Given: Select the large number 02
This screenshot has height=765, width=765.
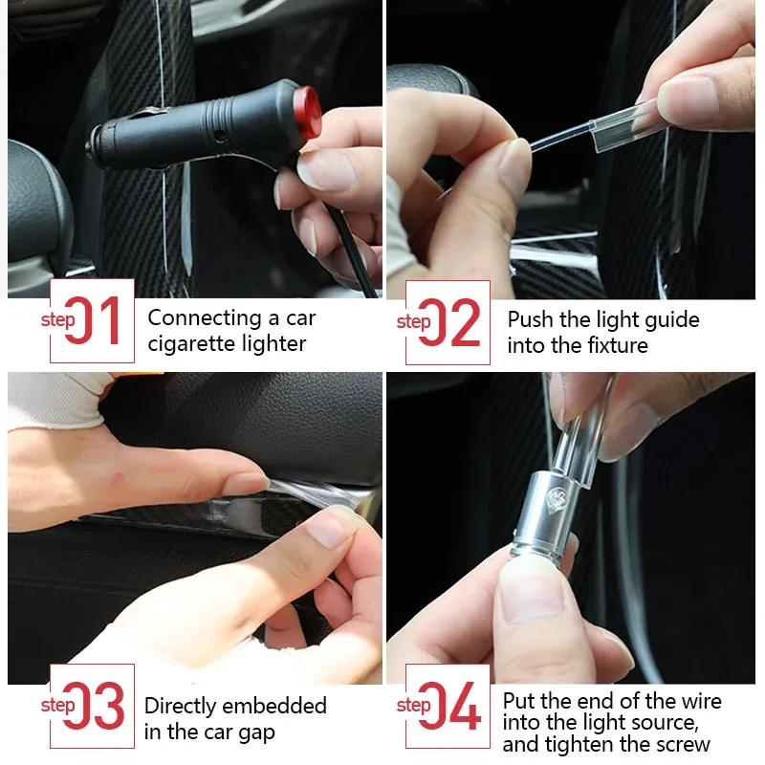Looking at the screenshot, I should (450, 322).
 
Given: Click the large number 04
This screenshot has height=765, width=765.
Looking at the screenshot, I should (450, 707).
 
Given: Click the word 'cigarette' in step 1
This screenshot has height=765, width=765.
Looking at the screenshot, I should (197, 344).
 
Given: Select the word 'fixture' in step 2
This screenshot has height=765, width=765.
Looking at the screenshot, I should (614, 345).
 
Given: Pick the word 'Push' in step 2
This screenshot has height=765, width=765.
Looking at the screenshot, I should (528, 319).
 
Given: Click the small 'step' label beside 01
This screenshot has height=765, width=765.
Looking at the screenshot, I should (58, 320).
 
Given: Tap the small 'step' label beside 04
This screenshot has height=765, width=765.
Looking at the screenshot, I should (413, 706).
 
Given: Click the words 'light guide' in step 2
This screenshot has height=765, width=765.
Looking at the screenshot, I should (643, 319).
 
